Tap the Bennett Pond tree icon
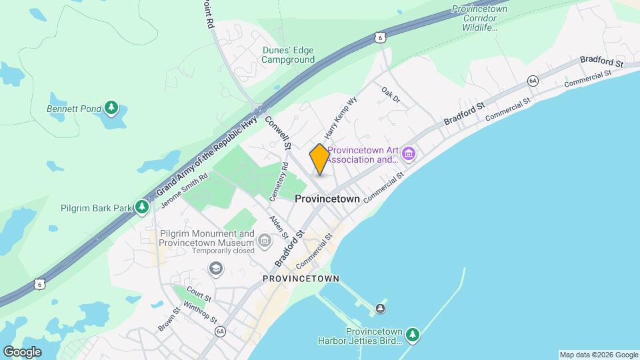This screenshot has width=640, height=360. [x=111, y=108]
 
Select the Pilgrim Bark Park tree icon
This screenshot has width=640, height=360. [x=141, y=208]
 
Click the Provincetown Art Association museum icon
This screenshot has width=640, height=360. [x=409, y=155]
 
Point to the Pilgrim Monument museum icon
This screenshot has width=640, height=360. [x=265, y=239]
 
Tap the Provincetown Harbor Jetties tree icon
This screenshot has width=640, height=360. [x=413, y=333]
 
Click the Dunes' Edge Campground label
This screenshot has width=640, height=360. [x=288, y=55]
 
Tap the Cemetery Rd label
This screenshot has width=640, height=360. [x=278, y=181]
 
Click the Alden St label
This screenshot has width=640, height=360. [x=279, y=227]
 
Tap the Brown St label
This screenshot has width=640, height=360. [x=168, y=319]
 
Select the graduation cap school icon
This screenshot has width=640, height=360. [x=215, y=268]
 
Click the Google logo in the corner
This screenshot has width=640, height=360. [x=22, y=351]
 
